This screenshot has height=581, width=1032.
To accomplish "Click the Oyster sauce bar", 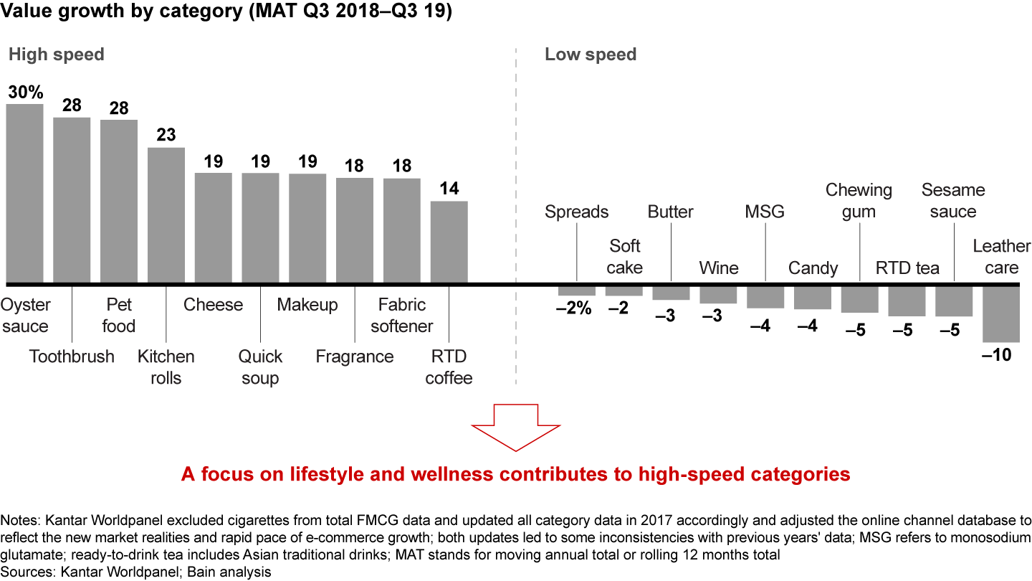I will click(24, 194).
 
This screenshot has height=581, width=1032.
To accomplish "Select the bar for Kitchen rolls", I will click(166, 215).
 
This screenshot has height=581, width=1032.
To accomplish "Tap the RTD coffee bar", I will click(449, 242).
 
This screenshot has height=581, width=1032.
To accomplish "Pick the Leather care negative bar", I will click(1001, 314).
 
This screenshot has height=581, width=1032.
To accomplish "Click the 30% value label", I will click(25, 92).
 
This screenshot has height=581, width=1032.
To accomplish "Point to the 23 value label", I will click(166, 135).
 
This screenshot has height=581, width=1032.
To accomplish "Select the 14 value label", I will click(449, 189).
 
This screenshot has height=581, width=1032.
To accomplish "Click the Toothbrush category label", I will click(72, 356).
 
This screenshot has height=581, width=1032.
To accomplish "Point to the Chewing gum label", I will click(859, 201).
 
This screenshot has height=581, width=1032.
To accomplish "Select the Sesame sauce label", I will click(953, 201).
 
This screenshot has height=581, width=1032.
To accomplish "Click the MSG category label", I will click(765, 212).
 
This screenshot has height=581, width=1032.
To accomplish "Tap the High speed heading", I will click(56, 55).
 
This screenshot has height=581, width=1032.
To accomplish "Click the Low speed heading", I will click(591, 55).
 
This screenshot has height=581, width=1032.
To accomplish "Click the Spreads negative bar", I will click(577, 290).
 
